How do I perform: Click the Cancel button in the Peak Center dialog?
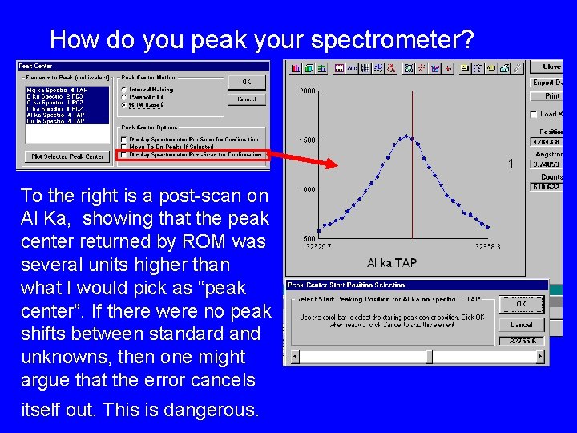coord(246,99)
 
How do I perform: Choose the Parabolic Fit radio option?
coord(123,97)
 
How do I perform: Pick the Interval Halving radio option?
coord(123,89)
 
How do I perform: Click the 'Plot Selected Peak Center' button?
coord(67,156)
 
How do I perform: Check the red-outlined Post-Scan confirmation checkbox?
coord(123,154)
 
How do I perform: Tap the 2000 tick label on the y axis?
coord(308,91)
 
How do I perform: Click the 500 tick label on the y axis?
coord(308,239)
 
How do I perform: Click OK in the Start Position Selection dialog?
coord(521,305)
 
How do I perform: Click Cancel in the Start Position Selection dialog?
coord(521,325)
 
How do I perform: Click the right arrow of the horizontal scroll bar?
coord(543,356)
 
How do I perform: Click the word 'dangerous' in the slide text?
coord(210,410)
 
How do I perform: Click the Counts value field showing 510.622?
coord(549,187)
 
